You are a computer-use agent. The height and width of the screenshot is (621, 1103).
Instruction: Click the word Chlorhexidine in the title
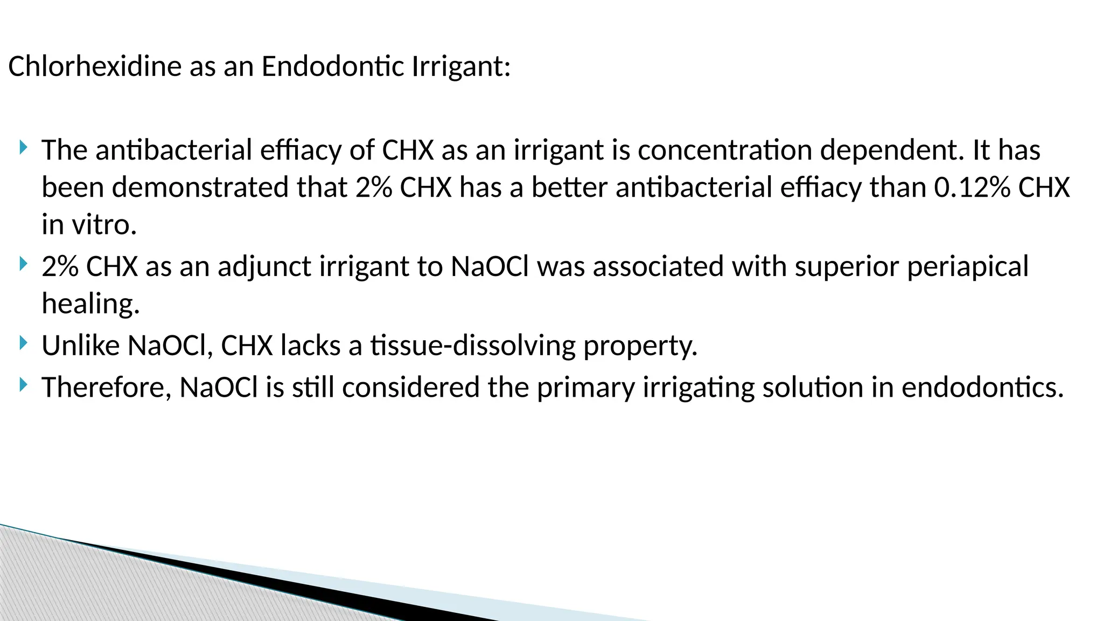coord(95,67)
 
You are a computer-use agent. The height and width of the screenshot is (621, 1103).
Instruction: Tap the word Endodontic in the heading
coord(332,67)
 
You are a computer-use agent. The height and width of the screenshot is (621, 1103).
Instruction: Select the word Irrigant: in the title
coord(461,67)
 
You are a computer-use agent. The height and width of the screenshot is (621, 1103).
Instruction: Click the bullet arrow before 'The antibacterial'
coord(23,147)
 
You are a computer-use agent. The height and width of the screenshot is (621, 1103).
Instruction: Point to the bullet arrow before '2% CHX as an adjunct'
coord(23,264)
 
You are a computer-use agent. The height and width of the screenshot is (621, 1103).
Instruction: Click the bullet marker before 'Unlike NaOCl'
coord(23,343)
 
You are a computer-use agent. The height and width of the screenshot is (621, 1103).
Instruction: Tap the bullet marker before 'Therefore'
coord(23,384)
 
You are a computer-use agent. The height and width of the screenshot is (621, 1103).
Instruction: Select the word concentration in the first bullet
coord(724,150)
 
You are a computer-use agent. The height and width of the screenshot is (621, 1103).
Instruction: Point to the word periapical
coord(968,267)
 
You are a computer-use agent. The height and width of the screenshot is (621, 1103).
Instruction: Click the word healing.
coord(90,304)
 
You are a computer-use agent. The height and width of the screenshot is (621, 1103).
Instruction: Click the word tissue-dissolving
coord(473,346)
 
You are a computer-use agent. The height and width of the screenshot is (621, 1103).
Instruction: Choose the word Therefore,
coord(106,388)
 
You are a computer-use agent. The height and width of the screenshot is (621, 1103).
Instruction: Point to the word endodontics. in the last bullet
coord(982,388)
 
